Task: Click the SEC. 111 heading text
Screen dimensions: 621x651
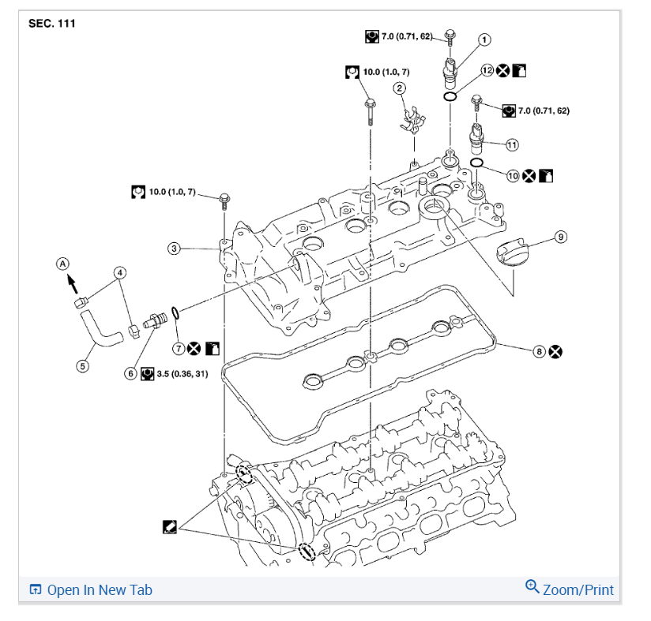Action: tap(52, 24)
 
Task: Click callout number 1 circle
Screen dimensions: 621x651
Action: tap(484, 39)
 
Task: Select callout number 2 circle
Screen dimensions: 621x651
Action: tap(401, 88)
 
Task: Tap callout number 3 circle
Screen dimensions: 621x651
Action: tap(174, 249)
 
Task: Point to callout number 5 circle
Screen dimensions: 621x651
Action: tap(83, 365)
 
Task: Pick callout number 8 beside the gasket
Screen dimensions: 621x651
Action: tap(540, 351)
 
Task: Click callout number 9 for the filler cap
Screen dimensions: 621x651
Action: tap(560, 236)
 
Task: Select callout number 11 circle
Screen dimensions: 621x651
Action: tap(512, 144)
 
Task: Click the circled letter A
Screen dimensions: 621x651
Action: tap(62, 263)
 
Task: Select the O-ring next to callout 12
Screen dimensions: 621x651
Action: tap(449, 96)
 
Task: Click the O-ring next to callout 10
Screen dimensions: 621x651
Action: tap(477, 163)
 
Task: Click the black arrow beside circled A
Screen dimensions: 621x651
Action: tap(73, 281)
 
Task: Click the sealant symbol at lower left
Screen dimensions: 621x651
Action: tap(168, 526)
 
